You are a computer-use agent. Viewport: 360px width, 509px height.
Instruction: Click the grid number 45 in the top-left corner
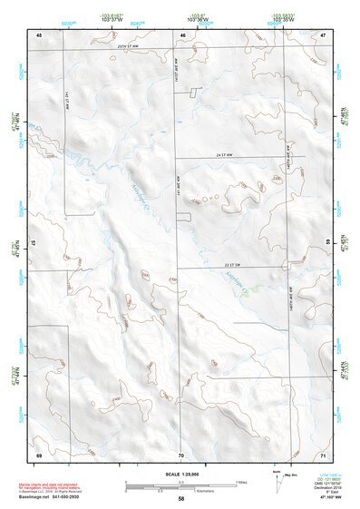(x=39, y=34)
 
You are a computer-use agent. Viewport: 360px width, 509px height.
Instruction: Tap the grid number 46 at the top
(x=182, y=34)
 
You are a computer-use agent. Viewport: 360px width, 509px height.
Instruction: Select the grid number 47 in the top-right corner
(x=323, y=34)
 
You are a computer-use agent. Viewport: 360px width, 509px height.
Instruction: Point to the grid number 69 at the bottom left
(x=39, y=454)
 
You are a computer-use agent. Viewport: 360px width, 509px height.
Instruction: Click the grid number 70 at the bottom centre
(x=181, y=454)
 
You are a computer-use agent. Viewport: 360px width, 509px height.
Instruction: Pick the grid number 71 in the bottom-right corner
(x=323, y=454)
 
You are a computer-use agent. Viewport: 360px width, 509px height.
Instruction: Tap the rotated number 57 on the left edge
(x=34, y=244)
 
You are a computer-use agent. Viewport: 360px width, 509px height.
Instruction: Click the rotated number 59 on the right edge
(x=328, y=244)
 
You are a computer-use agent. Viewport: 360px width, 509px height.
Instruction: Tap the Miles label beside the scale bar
(x=241, y=482)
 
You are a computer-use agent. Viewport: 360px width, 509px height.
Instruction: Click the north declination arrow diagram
(x=277, y=478)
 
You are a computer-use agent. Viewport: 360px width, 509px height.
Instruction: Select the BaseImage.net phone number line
(x=52, y=498)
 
